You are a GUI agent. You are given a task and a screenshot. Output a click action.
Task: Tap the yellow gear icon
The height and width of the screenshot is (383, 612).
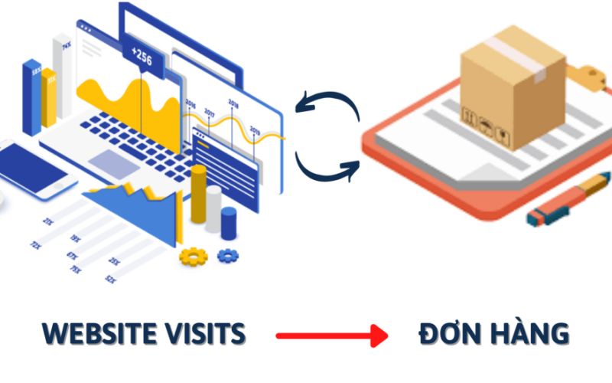pyautogui.click(x=194, y=256)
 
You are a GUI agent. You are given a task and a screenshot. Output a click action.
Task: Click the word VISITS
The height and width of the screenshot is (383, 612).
pyautogui.click(x=207, y=334)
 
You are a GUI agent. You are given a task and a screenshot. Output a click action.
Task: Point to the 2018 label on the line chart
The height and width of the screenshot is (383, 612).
pyautogui.click(x=233, y=103)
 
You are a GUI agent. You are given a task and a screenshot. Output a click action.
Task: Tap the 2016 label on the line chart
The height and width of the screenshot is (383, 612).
pyautogui.click(x=190, y=106)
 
